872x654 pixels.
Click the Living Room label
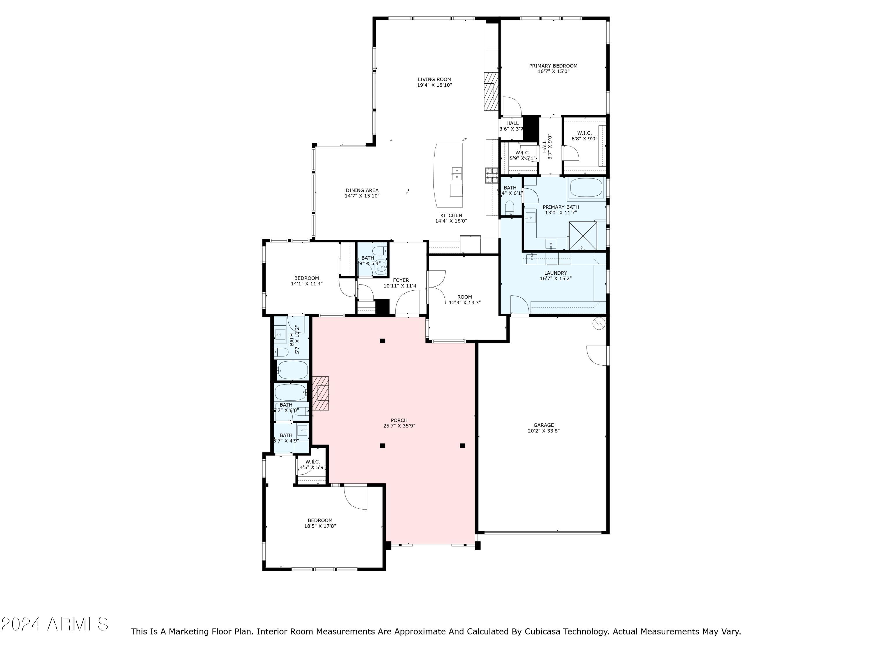pos(435,79)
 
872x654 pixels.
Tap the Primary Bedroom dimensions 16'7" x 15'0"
pos(553,71)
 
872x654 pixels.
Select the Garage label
pos(544,425)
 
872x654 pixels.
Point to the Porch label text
pos(399,420)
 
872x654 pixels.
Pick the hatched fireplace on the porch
pos(321,394)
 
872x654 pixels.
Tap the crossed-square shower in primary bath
pos(583,236)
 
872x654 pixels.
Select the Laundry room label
pos(555,273)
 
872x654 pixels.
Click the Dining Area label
pos(362,190)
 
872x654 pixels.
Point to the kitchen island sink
pos(457,173)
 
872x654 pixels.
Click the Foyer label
pos(401,280)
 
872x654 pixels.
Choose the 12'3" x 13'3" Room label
pos(464,300)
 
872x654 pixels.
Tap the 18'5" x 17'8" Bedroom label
pos(320,523)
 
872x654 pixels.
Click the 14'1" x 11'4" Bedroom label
pos(306,281)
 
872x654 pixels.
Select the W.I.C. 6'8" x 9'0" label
pos(584,136)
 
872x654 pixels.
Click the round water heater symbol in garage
pos(598,323)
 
